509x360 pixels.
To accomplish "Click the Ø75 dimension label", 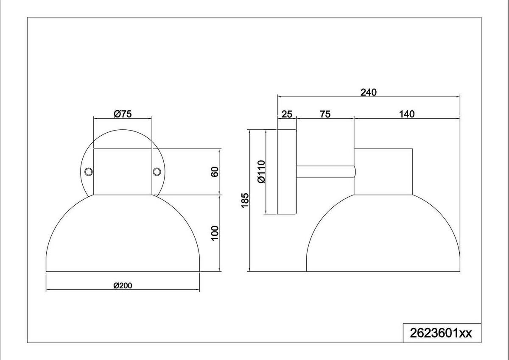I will coord(123,114).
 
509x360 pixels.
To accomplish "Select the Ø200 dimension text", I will coord(123,285).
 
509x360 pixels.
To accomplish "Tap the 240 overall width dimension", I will coord(368,92).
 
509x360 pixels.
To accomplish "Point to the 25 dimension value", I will coord(287,114).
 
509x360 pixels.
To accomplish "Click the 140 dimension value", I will coord(406,114).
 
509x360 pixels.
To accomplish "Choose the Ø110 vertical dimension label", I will coord(261,171).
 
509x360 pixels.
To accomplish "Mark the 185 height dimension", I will coord(244,200).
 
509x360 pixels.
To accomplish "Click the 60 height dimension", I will coord(215,172).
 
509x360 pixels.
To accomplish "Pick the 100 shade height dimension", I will coord(215,233).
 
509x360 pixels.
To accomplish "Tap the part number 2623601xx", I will coord(441,333).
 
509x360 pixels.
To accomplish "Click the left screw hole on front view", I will coord(89,171).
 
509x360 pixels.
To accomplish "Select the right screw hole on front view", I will coord(157,171).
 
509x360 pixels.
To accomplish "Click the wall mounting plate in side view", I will coord(287,171).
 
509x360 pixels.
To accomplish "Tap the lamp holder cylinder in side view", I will coord(383,171).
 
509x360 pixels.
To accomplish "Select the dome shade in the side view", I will coord(383,237).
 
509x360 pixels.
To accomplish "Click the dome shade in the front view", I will coord(123,237).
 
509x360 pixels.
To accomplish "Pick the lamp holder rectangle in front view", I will coord(123,171).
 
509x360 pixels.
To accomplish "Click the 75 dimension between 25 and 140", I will coord(325,114).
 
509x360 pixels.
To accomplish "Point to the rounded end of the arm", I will coord(354,171).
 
